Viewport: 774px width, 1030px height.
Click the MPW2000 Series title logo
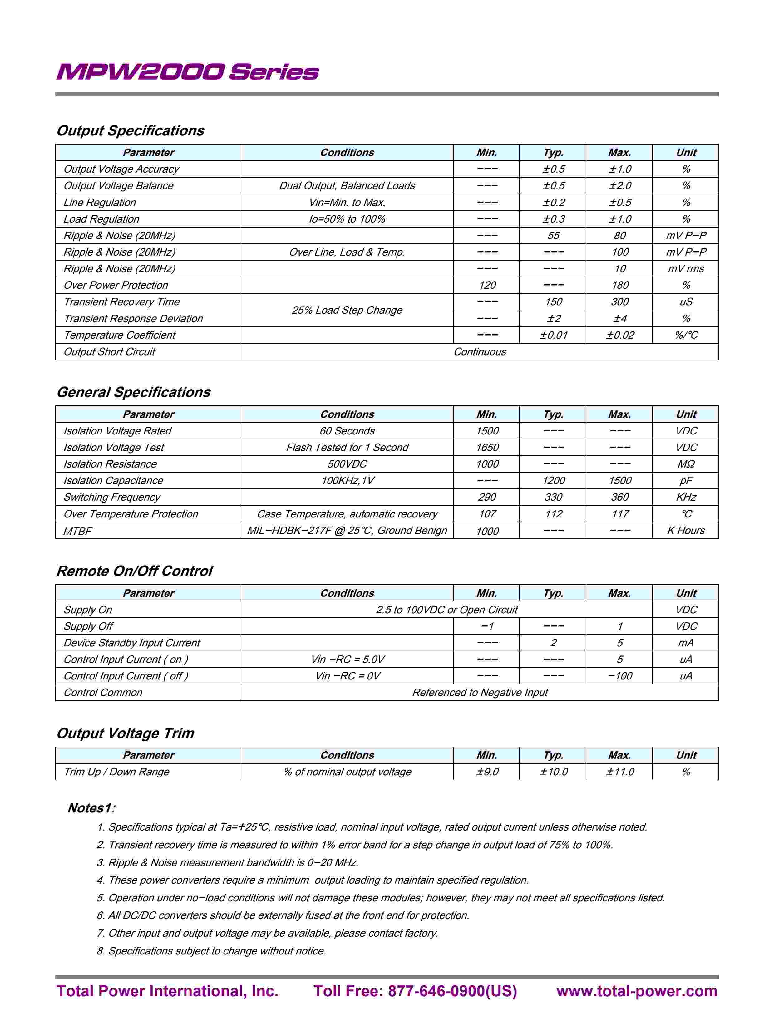187,72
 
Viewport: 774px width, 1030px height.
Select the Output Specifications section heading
131,131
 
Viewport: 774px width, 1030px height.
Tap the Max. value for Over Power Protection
619,286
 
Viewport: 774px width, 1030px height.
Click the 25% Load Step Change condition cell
347,310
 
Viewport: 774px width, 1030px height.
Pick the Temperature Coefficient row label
120,335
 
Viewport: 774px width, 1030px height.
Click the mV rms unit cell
686,269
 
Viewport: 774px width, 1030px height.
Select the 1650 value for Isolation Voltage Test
487,448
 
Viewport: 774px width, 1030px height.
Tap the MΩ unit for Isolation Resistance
686,464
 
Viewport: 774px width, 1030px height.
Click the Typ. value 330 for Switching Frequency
553,497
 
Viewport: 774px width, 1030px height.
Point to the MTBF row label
78,531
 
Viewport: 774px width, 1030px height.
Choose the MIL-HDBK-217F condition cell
347,531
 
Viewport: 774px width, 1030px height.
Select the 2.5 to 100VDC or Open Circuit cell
446,610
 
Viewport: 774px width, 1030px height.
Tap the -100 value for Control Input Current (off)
619,676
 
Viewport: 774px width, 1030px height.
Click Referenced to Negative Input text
480,693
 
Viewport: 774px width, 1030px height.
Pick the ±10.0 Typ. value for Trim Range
553,772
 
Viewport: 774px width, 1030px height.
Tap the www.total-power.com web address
637,991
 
